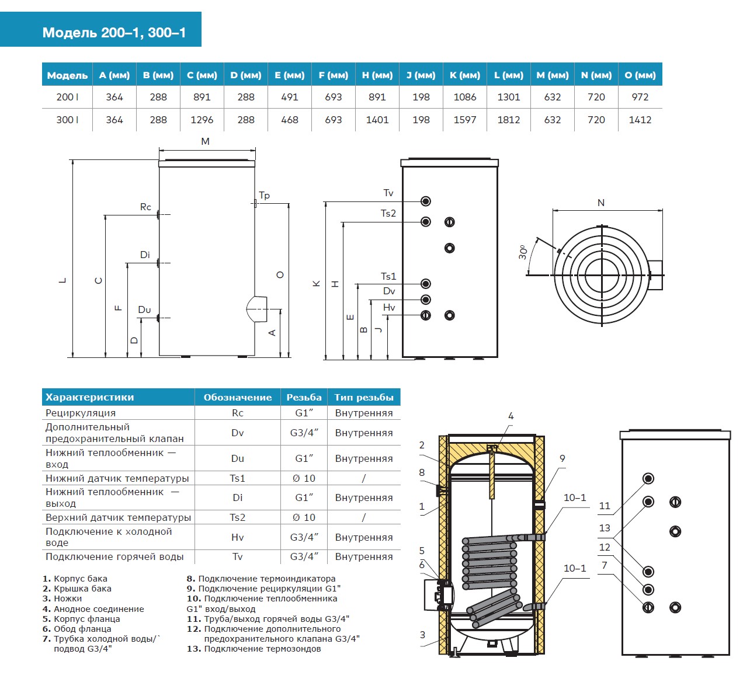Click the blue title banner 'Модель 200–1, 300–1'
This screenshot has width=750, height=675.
click(114, 32)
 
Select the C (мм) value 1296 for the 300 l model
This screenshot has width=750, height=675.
click(202, 120)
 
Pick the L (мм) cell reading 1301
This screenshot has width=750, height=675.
click(509, 97)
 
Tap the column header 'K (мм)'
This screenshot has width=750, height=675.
click(465, 75)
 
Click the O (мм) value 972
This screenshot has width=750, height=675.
click(640, 97)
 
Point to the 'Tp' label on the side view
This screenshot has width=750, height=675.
click(265, 196)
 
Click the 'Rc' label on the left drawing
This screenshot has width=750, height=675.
click(145, 207)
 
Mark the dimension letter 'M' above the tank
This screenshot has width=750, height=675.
click(205, 141)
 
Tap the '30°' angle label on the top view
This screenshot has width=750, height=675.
click(523, 252)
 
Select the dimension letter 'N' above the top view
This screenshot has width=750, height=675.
click(601, 203)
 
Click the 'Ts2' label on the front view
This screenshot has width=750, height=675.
click(388, 214)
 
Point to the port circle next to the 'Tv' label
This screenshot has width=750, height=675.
click(426, 201)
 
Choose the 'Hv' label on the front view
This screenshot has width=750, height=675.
click(389, 308)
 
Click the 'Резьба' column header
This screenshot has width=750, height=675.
click(304, 398)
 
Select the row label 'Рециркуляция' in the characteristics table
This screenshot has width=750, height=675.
click(81, 413)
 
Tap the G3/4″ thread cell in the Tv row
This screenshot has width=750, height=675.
click(304, 556)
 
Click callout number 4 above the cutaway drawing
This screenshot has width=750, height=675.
click(511, 416)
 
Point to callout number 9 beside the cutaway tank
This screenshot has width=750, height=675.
click(562, 458)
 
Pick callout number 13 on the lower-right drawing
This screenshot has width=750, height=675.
click(605, 528)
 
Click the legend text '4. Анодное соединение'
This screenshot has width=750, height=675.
click(93, 608)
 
